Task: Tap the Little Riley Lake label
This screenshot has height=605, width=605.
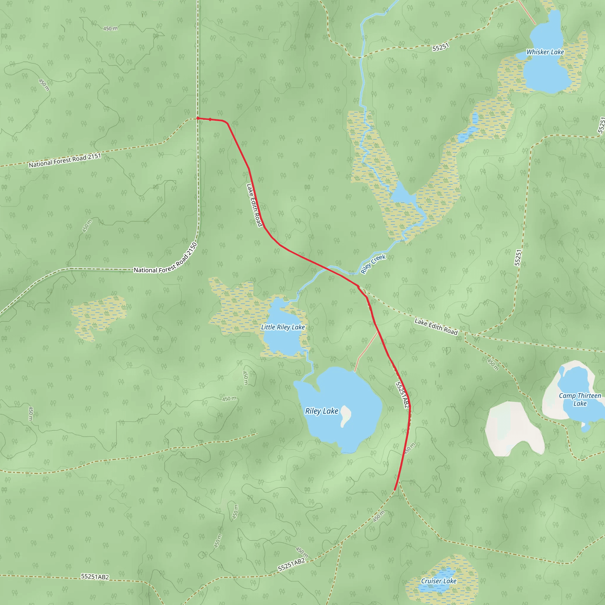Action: pos(283,327)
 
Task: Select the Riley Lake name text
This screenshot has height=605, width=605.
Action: pos(322,411)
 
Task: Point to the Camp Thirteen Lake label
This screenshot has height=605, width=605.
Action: pos(580,400)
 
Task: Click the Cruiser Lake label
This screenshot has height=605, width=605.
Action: pos(439,581)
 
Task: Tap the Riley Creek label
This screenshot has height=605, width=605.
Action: pos(373,264)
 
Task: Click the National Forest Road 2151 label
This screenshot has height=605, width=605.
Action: pos(65,160)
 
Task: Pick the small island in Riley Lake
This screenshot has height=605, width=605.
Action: pos(346,416)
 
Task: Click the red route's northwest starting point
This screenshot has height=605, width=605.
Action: pos(198,118)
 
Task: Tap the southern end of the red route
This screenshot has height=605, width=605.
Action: pos(395,490)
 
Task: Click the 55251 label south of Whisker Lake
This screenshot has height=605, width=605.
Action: pos(440,47)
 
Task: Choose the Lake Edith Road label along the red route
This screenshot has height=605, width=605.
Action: pos(254,205)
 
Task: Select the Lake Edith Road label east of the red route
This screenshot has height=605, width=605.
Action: pos(436,327)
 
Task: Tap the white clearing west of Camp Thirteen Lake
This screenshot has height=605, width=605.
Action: pos(513,429)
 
